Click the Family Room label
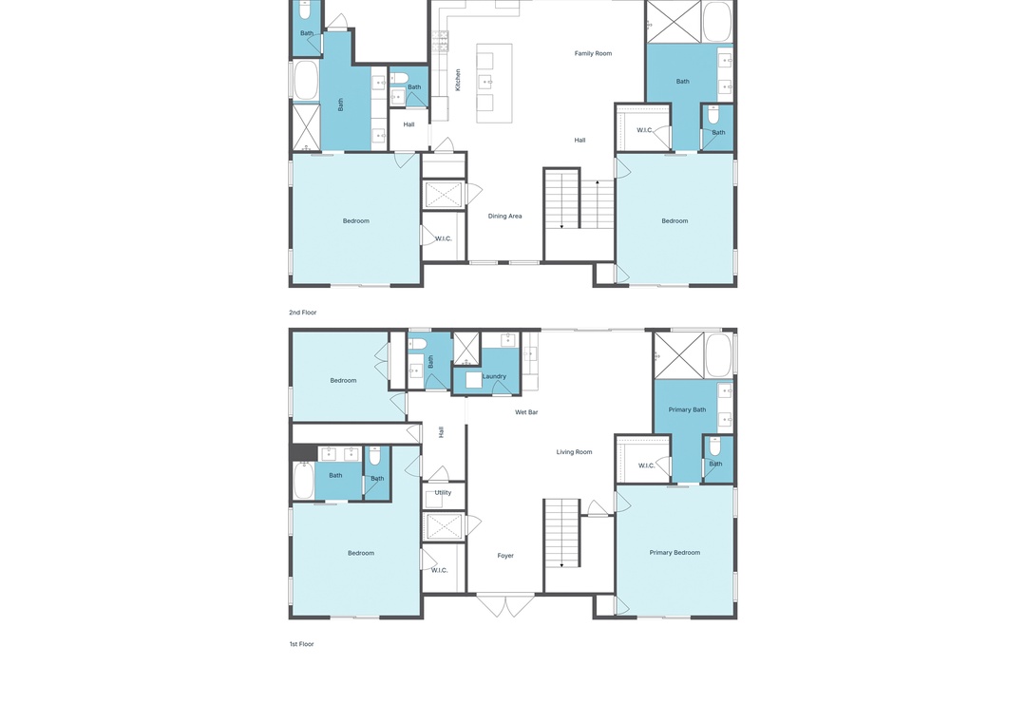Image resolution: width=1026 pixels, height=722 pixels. point(593,54)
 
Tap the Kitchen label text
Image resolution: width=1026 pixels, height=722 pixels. point(458,80)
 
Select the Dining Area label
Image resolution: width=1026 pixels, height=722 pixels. point(504,216)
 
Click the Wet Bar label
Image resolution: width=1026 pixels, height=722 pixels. point(526,412)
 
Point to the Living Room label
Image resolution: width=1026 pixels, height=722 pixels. point(574,451)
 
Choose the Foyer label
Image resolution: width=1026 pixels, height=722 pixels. point(505,556)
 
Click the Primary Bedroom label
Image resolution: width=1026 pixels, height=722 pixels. point(674,553)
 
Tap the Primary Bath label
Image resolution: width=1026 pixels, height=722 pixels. point(687,409)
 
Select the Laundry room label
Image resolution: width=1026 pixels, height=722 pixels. point(494,376)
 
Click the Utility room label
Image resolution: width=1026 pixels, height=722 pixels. point(443,493)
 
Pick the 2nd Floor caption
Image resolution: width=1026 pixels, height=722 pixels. point(302,313)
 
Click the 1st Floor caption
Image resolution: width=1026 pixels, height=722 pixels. point(302,644)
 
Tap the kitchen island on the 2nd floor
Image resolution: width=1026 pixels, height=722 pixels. point(494,84)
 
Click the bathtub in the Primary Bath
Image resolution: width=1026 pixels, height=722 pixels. point(718,354)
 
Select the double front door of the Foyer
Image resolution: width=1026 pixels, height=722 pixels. point(505,605)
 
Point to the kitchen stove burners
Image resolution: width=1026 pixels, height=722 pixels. point(440,41)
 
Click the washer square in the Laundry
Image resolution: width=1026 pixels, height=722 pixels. point(474,380)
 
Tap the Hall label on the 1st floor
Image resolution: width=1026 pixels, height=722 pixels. point(441,432)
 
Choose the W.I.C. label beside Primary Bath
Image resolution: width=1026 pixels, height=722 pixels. point(646,465)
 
